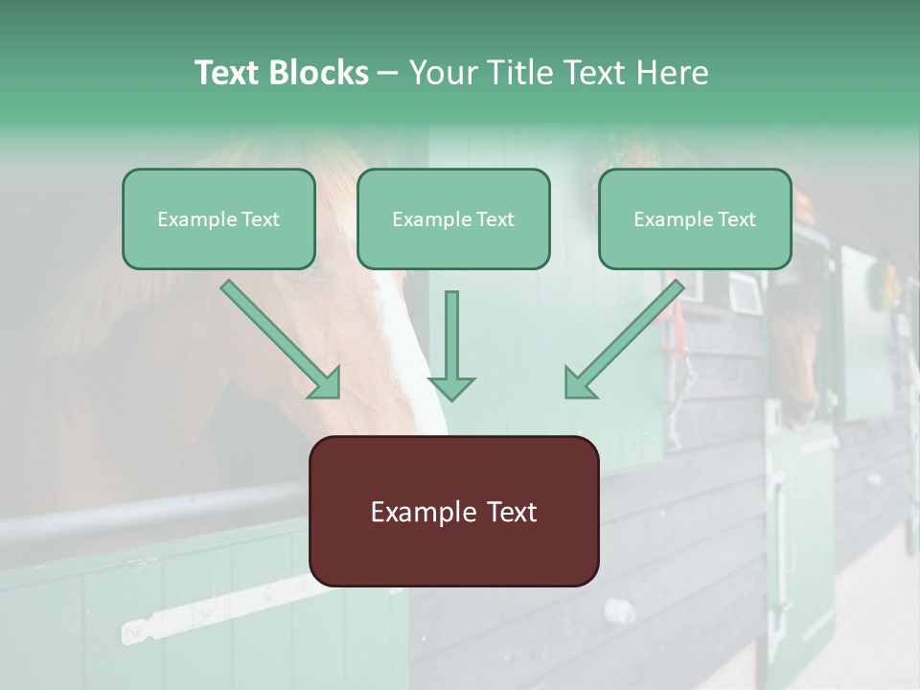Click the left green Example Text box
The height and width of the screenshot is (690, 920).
(218, 219)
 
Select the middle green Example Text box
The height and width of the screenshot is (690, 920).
(453, 219)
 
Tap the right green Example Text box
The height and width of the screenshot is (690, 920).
(695, 219)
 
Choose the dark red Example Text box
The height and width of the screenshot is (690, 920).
(453, 512)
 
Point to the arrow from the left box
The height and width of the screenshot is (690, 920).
(282, 339)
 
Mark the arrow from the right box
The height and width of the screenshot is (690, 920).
(623, 339)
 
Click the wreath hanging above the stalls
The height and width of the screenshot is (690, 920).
(883, 284)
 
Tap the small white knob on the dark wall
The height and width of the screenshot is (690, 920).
(624, 610)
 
